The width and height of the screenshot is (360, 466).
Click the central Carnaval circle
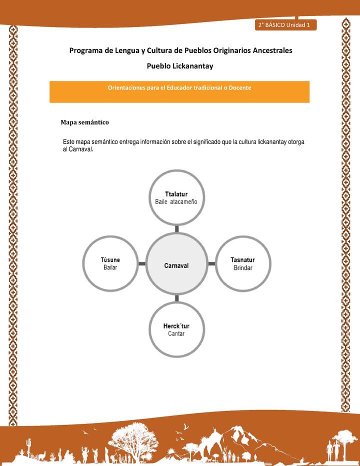pyautogui.click(x=176, y=265)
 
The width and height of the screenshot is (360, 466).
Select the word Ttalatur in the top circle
pyautogui.click(x=176, y=193)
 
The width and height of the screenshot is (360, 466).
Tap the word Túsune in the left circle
pyautogui.click(x=110, y=260)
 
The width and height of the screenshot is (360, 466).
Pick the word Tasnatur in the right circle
pyautogui.click(x=243, y=260)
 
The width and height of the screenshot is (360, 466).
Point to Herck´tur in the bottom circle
pyautogui.click(x=176, y=326)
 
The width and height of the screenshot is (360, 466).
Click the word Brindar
pyautogui.click(x=243, y=268)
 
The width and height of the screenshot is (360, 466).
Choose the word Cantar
pyautogui.click(x=176, y=333)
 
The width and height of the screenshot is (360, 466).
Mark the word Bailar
pyautogui.click(x=110, y=268)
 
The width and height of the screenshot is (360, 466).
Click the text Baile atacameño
pyautogui.click(x=176, y=201)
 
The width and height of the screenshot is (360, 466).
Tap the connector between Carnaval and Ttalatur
pyautogui.click(x=177, y=228)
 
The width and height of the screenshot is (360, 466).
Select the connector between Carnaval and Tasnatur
pyautogui.click(x=211, y=263)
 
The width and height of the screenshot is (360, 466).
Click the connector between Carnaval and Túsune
pyautogui.click(x=142, y=263)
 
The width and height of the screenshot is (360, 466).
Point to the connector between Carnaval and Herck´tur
pyautogui.click(x=177, y=298)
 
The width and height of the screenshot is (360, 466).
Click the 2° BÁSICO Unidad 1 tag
pyautogui.click(x=285, y=25)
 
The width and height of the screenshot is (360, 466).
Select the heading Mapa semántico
pyautogui.click(x=84, y=122)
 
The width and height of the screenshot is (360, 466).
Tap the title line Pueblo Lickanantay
pyautogui.click(x=180, y=66)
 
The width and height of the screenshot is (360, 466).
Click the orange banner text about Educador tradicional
pyautogui.click(x=179, y=87)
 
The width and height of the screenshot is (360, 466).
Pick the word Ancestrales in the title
pyautogui.click(x=270, y=50)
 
